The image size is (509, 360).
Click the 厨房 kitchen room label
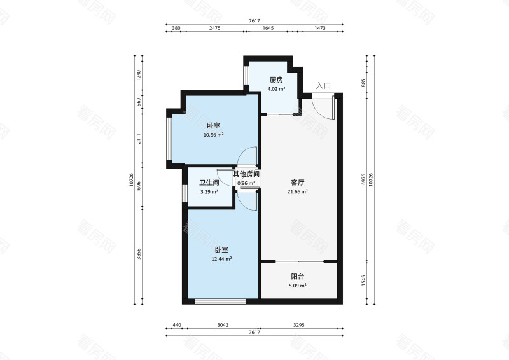(x=275, y=80)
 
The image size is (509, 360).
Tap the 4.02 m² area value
(x=275, y=89)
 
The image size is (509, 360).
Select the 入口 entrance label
(x=323, y=85)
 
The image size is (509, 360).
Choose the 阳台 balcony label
(x=297, y=277)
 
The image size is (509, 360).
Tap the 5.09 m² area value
(x=297, y=286)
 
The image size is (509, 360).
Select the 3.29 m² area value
(x=209, y=191)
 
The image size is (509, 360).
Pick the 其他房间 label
(x=246, y=174)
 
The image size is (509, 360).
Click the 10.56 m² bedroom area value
(x=213, y=135)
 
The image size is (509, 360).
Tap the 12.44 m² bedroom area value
(x=221, y=259)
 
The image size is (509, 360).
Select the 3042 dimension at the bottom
(x=223, y=325)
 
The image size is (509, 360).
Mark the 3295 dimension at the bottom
(x=300, y=325)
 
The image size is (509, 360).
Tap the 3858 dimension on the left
(x=139, y=254)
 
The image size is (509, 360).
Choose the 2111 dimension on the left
(x=139, y=146)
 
